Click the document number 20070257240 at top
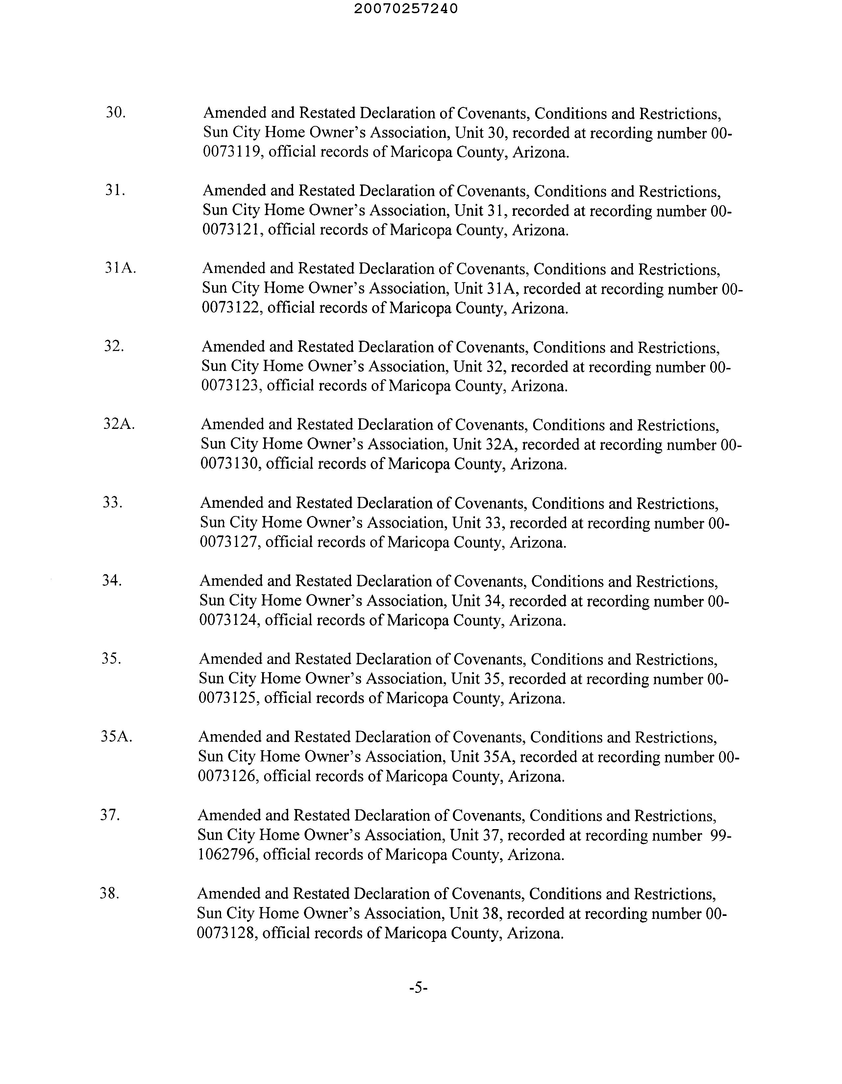(406, 9)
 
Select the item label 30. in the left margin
(115, 113)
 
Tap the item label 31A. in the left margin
(120, 268)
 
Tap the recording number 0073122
(231, 308)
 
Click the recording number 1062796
(227, 854)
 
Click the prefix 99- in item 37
(721, 835)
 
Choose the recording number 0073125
(228, 698)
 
